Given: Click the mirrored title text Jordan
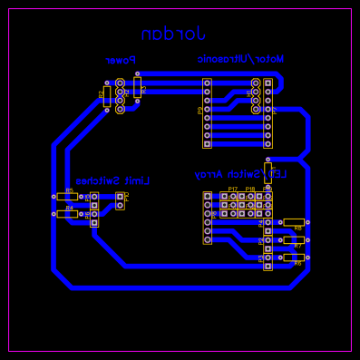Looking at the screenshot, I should [173, 34].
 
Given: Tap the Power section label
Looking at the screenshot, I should [120, 61].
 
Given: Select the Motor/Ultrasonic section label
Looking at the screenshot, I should [240, 59].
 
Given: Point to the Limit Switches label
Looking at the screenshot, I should [112, 181].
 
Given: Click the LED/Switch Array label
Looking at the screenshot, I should [239, 174].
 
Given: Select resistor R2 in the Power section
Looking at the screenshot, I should [107, 96].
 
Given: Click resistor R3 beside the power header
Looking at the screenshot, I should [137, 86].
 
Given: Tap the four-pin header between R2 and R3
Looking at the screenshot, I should [120, 96].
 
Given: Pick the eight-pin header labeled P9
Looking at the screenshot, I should [207, 112].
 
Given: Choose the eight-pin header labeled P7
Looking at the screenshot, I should [268, 112].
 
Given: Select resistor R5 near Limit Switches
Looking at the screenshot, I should [67, 196].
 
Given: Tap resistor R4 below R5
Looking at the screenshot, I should [67, 214].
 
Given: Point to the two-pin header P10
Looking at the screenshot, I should [120, 200].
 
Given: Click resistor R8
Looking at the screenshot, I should [293, 222].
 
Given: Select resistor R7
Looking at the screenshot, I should [293, 240].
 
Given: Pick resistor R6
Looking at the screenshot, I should [293, 258].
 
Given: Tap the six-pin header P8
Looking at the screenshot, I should [207, 218].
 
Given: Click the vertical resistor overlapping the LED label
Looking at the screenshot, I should [268, 172].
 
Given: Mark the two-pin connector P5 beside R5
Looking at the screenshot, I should [93, 200].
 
